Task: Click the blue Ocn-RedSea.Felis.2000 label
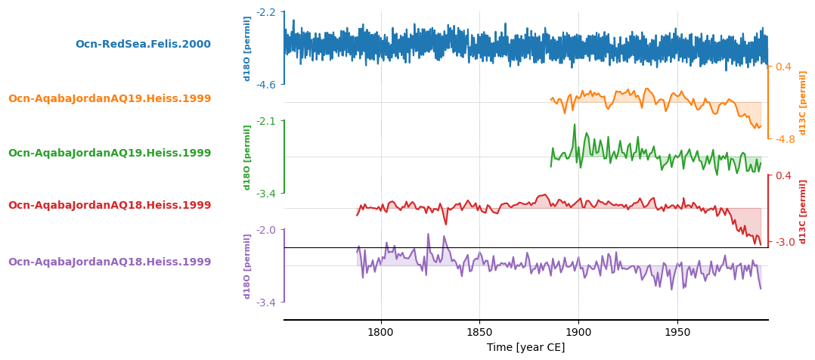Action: point(143,45)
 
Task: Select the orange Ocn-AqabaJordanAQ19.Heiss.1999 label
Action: point(110,99)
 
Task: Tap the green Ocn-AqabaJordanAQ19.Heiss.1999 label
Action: point(110,154)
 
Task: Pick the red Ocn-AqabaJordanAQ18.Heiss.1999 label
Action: point(110,206)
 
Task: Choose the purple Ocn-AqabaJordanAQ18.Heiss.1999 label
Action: point(110,262)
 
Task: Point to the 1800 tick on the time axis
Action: point(380,332)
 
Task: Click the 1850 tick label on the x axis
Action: point(479,332)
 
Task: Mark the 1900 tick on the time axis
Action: point(578,332)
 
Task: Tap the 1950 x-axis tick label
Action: point(677,332)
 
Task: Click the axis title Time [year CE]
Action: point(525,348)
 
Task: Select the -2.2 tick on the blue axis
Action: point(266,12)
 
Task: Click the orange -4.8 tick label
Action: point(783,139)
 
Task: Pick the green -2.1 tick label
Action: point(266,121)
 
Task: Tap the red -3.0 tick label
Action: point(783,242)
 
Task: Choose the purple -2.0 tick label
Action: point(266,230)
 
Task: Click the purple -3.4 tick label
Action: point(266,303)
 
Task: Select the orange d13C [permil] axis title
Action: point(803,103)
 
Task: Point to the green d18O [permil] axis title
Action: point(247,157)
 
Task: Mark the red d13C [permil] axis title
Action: point(803,211)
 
